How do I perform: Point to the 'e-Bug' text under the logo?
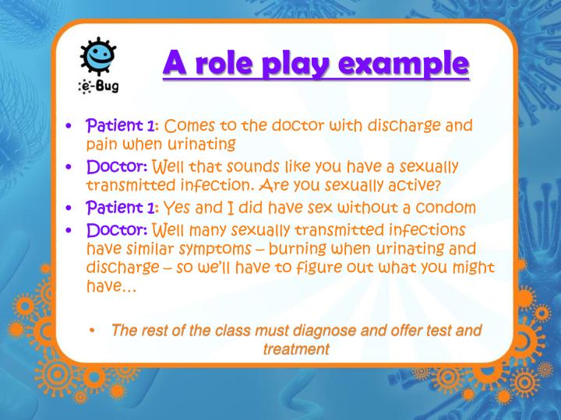(x=97, y=87)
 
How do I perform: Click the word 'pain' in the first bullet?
(x=100, y=144)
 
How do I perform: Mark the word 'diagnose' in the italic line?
(x=290, y=331)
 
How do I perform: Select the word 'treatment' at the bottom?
(x=296, y=349)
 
